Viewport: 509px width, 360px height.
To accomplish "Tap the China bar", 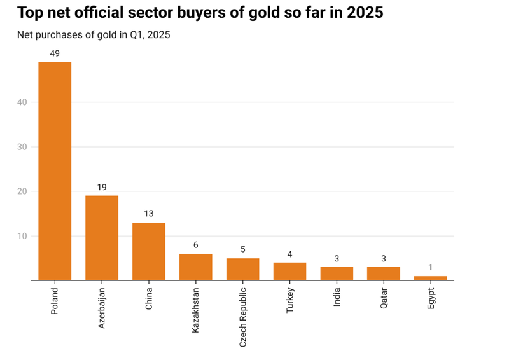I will point(149,251).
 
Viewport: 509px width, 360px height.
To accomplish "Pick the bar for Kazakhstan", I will point(196,267).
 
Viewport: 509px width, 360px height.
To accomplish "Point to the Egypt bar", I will point(431,278).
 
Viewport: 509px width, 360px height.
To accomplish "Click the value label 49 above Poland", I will point(55,53).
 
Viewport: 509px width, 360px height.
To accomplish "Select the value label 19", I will point(102,187).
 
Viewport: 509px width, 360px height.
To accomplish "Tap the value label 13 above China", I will point(149,214).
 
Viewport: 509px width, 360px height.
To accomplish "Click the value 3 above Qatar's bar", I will point(384,258).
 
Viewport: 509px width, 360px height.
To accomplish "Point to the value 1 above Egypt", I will point(431,267).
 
